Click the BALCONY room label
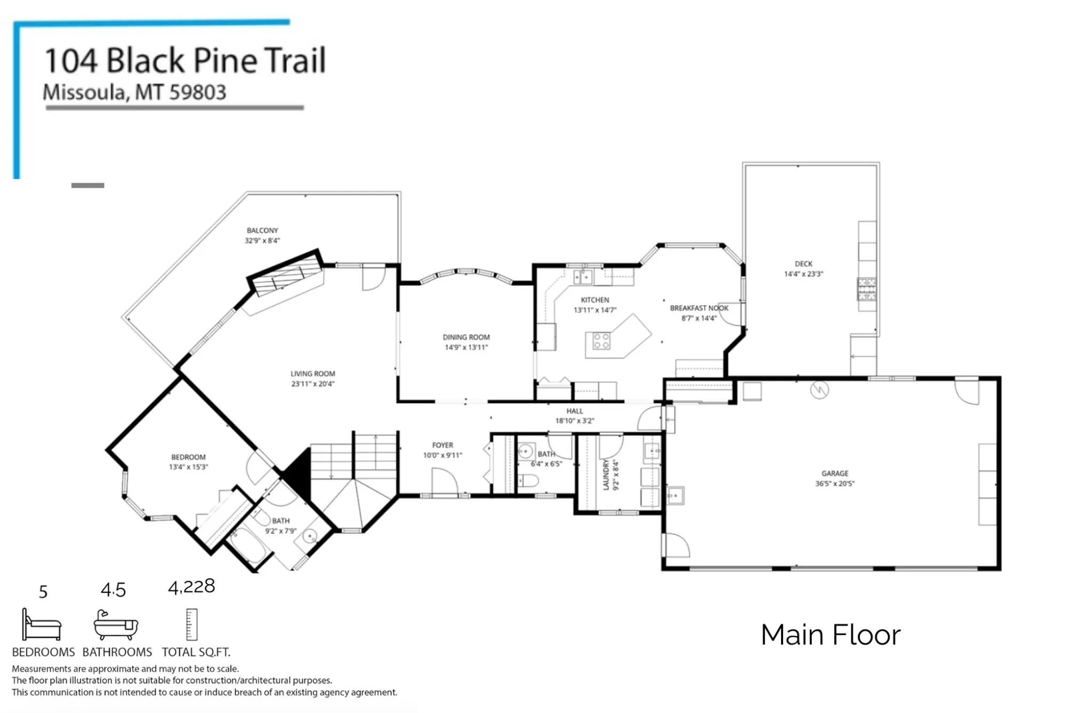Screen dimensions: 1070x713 pyautogui.click(x=262, y=230)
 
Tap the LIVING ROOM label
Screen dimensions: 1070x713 pyautogui.click(x=313, y=374)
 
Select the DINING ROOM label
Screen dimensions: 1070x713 pyautogui.click(x=466, y=337)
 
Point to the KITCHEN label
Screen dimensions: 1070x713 pyautogui.click(x=595, y=300)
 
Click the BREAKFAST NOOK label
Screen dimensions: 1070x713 pyautogui.click(x=699, y=308)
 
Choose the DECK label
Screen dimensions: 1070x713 pyautogui.click(x=803, y=264)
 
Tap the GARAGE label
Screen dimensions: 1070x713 pyautogui.click(x=835, y=474)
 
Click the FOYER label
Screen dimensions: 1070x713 pyautogui.click(x=443, y=445)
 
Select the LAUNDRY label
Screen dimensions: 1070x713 pyautogui.click(x=606, y=475)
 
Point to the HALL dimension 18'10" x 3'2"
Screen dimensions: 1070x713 pyautogui.click(x=575, y=421)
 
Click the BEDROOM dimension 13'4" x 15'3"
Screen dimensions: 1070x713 pyautogui.click(x=188, y=467)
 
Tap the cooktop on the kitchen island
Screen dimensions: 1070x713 pyautogui.click(x=601, y=341)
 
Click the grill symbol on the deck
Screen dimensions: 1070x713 pyautogui.click(x=866, y=289)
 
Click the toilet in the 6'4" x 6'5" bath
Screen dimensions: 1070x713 pyautogui.click(x=528, y=481)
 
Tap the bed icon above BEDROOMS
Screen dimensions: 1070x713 pyautogui.click(x=42, y=624)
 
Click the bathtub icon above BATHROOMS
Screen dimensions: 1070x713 pyautogui.click(x=116, y=625)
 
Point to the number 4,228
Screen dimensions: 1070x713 pyautogui.click(x=191, y=587)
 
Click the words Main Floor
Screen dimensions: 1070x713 pyautogui.click(x=831, y=635)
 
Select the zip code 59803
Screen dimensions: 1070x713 pyautogui.click(x=198, y=93)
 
